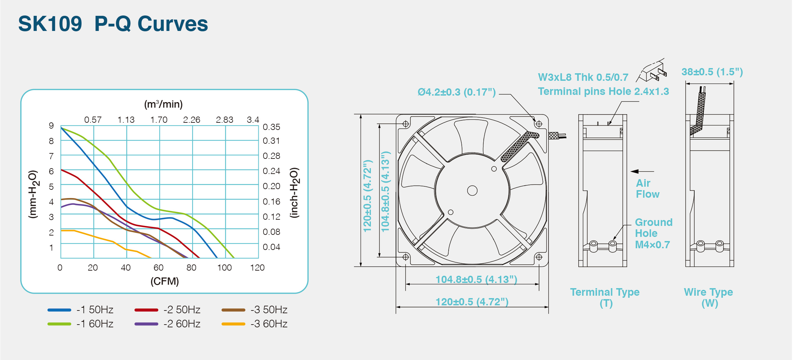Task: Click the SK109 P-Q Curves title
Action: [x=113, y=24]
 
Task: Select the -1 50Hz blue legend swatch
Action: [x=59, y=310]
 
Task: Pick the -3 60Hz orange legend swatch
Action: [x=233, y=324]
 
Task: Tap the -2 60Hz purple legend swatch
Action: [x=146, y=324]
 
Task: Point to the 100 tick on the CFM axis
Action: [x=224, y=268]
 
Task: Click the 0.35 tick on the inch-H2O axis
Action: [x=271, y=127]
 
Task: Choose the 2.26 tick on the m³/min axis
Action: [x=192, y=120]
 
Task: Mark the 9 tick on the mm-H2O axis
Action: [x=51, y=126]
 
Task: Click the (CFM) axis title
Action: [x=165, y=281]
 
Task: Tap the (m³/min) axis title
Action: [x=163, y=104]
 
